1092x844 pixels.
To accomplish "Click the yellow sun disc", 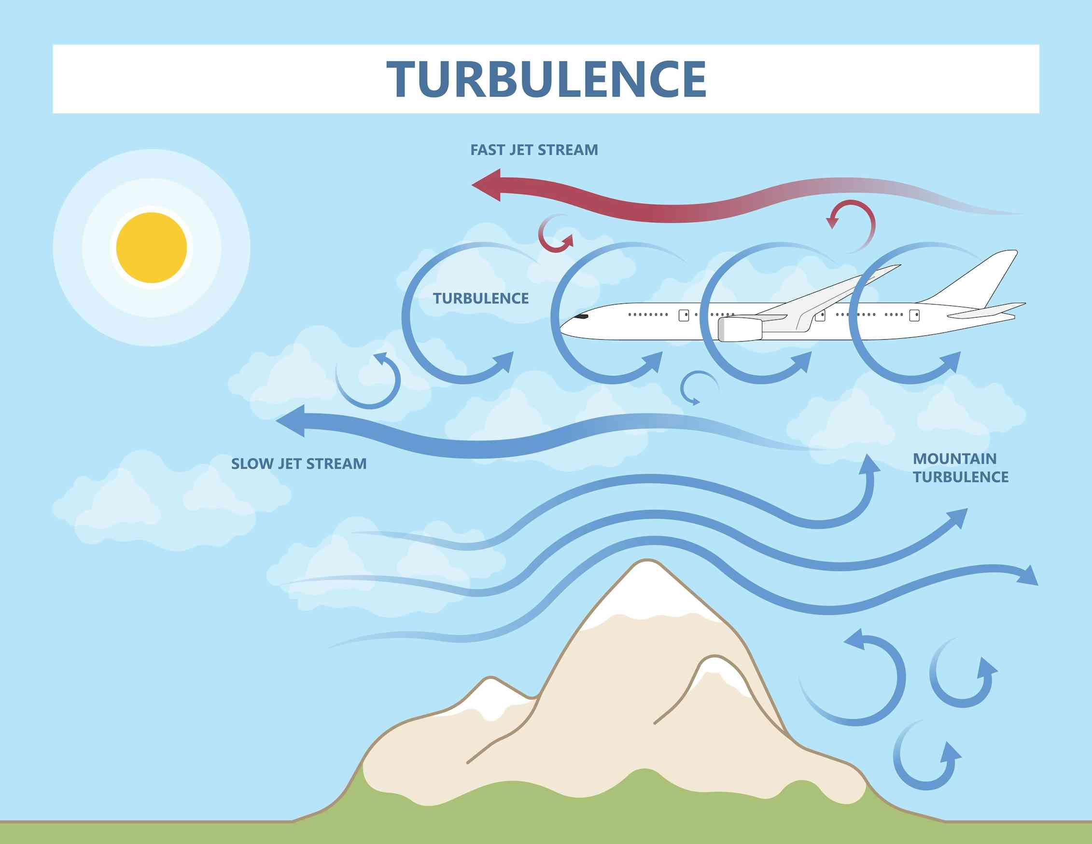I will pos(152,248).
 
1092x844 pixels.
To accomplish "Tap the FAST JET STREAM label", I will pos(534,150).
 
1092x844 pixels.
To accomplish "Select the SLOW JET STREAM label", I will pos(298,464).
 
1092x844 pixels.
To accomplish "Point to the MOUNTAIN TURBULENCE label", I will pos(960,468).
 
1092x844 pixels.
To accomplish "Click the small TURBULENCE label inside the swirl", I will pos(480,298).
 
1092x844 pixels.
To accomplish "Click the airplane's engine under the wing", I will pos(740,329).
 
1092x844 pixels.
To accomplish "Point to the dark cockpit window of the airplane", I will pos(581,316).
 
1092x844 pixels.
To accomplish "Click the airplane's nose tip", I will pos(561,327).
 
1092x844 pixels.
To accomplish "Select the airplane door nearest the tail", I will pos(914,315).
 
